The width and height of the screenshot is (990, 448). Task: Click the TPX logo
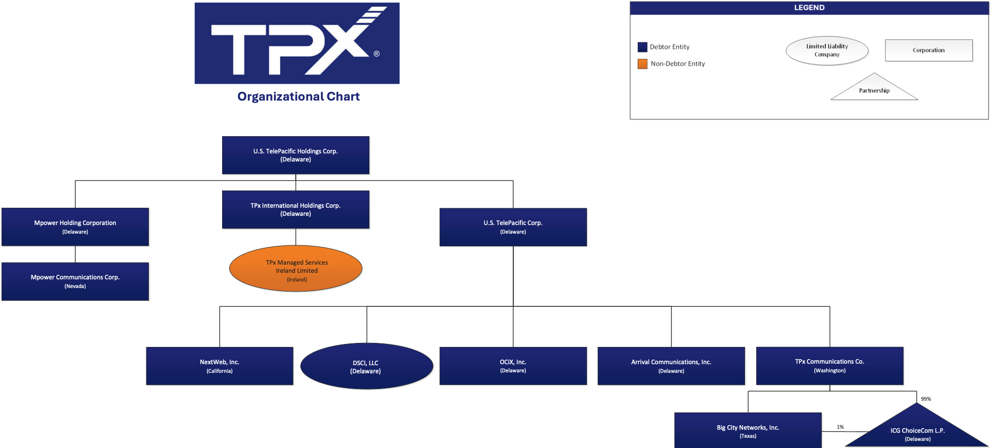297,43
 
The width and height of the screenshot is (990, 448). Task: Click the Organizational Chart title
298,97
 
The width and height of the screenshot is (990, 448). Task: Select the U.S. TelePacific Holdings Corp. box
296,155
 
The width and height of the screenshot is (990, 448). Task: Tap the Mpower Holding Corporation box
75,227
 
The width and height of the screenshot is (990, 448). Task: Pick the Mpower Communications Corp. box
75,281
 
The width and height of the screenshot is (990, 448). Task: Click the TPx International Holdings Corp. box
296,209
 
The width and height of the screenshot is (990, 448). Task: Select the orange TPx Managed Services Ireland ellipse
296,269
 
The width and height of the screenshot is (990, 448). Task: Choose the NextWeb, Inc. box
220,366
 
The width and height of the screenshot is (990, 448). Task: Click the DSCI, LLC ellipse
366,366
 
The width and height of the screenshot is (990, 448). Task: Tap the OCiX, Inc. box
513,366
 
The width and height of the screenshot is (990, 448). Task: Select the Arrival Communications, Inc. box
671,366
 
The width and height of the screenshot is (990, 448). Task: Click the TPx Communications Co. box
830,366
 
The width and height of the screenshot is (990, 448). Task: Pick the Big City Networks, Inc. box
748,430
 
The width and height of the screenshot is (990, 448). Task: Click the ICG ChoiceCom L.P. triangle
917,431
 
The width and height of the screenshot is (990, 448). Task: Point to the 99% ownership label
926,399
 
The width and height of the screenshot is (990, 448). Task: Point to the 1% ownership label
841,427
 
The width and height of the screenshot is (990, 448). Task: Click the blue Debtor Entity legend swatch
642,47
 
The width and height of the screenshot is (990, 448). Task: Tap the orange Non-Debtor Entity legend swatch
642,63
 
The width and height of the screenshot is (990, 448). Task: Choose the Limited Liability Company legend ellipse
827,51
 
